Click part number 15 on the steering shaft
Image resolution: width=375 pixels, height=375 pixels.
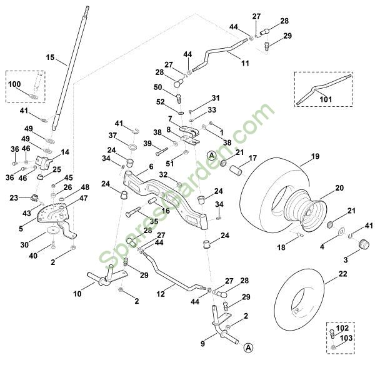coord(51,57)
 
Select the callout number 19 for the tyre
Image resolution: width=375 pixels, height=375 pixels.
coord(315,156)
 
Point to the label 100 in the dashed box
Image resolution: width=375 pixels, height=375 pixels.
coord(15,83)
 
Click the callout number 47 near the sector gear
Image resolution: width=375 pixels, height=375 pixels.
coord(84,197)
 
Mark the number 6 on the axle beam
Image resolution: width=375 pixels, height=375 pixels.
coord(151,167)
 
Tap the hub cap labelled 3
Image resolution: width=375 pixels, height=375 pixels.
coord(361,250)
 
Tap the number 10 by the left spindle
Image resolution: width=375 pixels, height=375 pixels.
coord(77,293)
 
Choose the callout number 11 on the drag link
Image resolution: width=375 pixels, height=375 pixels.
coord(244,63)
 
